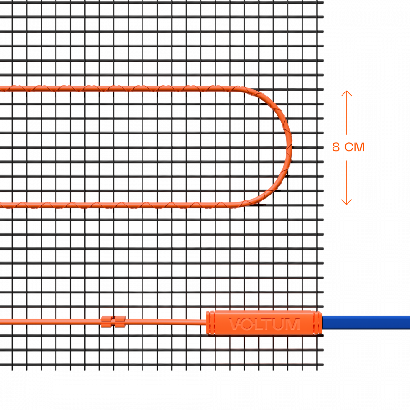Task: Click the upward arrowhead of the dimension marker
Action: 347,93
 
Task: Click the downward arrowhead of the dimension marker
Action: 347,202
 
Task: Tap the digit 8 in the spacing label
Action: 336,147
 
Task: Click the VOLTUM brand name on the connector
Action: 264,324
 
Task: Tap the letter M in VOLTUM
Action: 292,324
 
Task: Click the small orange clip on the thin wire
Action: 113,322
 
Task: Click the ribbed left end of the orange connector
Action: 210,323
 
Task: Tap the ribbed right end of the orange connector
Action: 318,323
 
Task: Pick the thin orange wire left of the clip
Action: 50,322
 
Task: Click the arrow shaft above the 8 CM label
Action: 347,114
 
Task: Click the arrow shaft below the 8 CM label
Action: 347,180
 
